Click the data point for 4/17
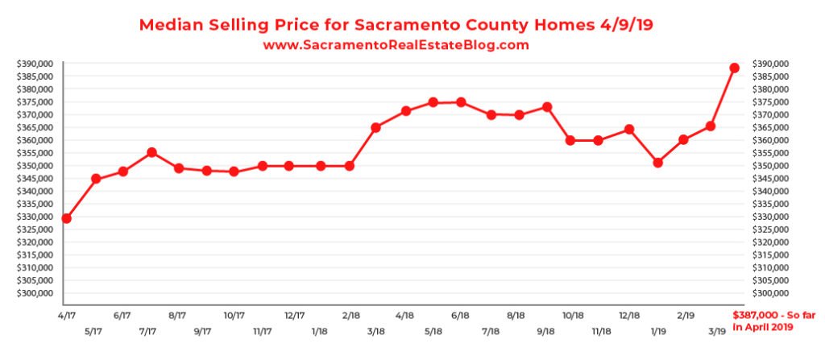[66, 218]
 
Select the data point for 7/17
[151, 152]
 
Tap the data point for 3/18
[375, 127]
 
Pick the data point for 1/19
[658, 163]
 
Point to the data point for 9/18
[547, 107]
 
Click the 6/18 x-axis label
[461, 316]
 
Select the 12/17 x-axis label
[294, 316]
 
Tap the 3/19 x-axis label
[714, 330]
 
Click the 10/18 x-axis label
[573, 316]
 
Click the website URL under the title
[396, 46]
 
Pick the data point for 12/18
[629, 130]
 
